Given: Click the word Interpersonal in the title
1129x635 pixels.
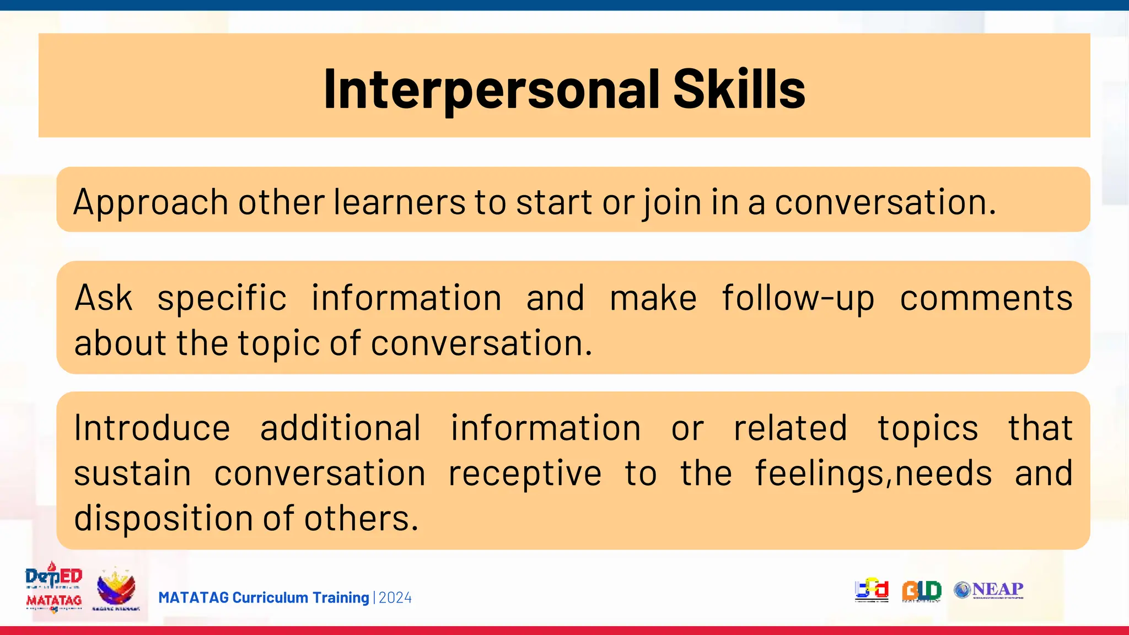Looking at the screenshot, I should [x=492, y=90].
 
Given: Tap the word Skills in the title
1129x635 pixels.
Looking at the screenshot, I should [x=739, y=89].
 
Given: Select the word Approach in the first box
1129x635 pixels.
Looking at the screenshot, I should [x=150, y=203].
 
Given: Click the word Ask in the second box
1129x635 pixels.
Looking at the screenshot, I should [x=104, y=298].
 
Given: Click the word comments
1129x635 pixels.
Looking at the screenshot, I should [x=986, y=298].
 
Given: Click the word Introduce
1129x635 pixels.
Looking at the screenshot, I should [x=152, y=428].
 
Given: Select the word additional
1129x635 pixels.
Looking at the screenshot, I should [x=340, y=428].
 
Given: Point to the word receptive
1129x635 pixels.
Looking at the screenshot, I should [x=524, y=474].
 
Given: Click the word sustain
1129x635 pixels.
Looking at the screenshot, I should [x=132, y=474].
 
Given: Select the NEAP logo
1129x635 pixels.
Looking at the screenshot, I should [x=989, y=590].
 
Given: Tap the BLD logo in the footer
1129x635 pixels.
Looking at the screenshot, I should [x=921, y=590].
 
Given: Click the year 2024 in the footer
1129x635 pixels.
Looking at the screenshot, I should [x=395, y=598].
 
